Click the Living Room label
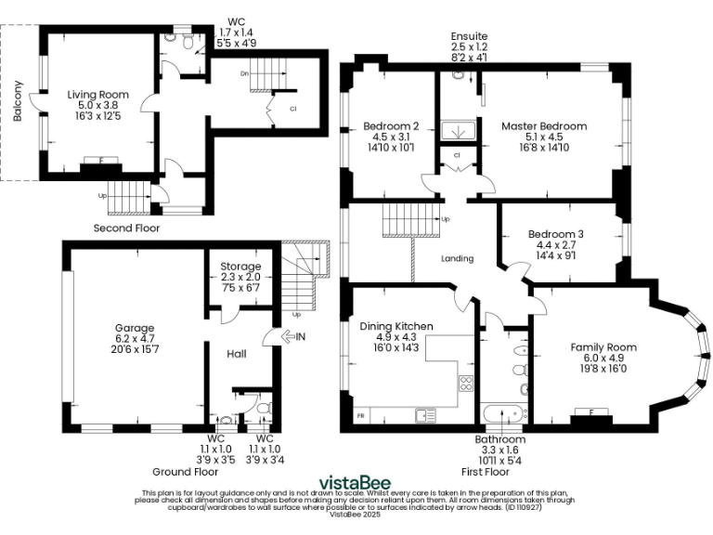click(x=97, y=95)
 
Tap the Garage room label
click(x=134, y=328)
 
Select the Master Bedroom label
click(x=544, y=125)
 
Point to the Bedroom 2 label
click(x=390, y=125)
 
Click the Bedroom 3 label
click(x=556, y=234)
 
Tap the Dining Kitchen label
click(x=396, y=326)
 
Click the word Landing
click(x=457, y=259)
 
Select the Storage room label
click(x=240, y=267)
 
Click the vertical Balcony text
click(x=18, y=103)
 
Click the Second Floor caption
click(x=126, y=228)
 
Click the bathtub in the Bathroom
click(x=502, y=411)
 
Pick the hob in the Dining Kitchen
click(x=466, y=383)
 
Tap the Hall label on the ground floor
click(x=236, y=353)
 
